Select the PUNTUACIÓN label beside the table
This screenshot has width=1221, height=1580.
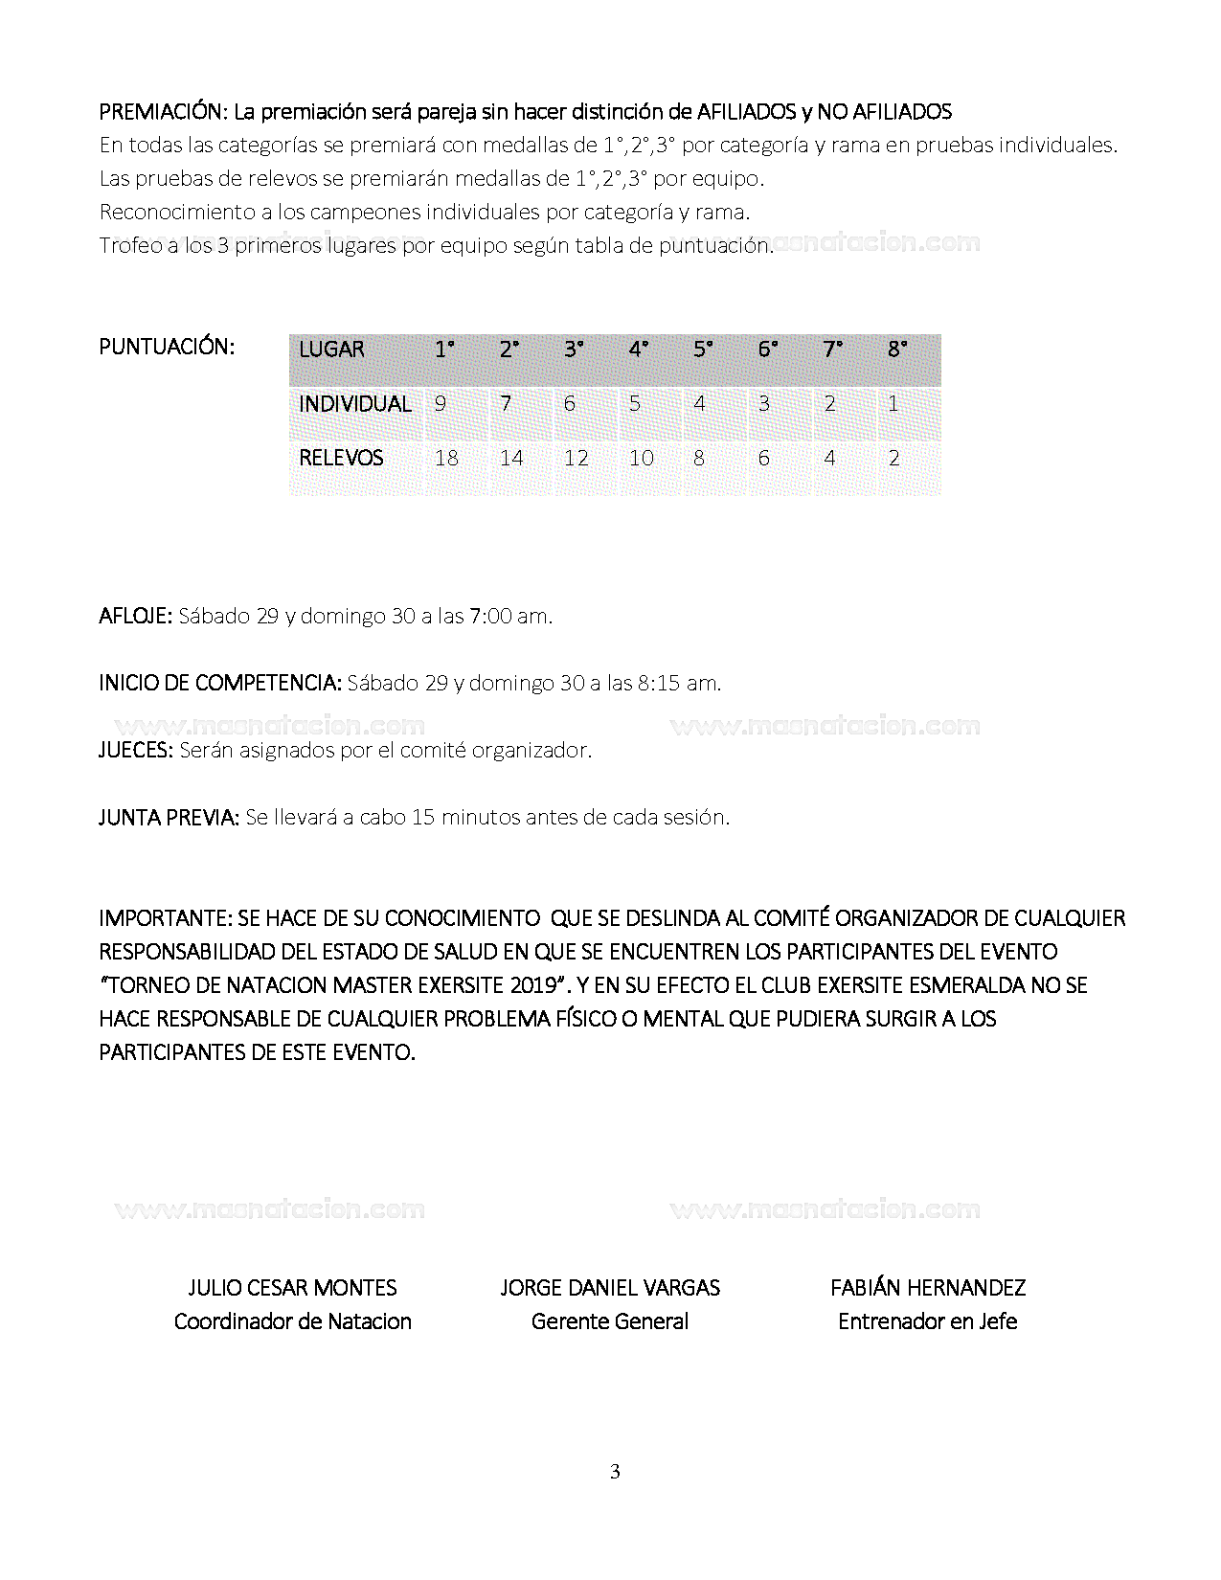point(167,347)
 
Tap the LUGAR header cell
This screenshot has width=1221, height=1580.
point(331,350)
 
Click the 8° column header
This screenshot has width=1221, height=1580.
point(897,350)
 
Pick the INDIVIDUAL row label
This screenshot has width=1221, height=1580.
point(354,404)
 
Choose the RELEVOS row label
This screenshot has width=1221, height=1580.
point(341,458)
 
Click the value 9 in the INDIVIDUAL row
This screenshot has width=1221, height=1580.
point(441,404)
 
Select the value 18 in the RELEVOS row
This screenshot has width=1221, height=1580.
point(446,458)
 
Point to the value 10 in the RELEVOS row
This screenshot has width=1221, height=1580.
point(641,458)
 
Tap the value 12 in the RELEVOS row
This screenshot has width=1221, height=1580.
point(576,458)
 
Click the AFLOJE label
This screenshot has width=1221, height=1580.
point(135,616)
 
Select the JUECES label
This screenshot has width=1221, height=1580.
point(135,750)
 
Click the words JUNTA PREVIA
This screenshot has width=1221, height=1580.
point(169,817)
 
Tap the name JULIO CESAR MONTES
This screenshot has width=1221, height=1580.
point(292,1288)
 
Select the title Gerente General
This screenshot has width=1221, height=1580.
point(610,1321)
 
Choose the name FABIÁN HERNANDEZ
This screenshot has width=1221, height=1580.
point(928,1288)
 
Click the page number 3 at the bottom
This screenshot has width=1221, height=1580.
point(615,1472)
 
